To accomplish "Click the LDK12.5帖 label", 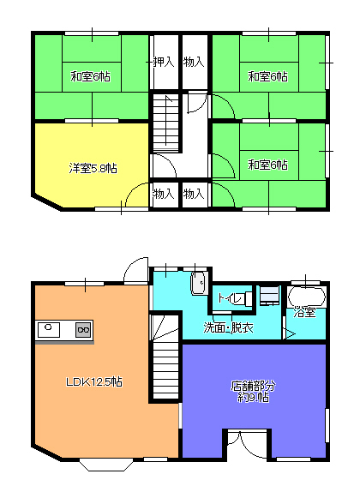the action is coord(93,382).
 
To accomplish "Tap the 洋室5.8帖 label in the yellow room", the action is coord(93,169).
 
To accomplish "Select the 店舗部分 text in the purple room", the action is coord(253,386).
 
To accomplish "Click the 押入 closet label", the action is coord(164,62).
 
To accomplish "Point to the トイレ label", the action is coord(230,298).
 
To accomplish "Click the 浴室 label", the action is coord(304,312).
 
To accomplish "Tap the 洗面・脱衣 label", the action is coord(228,328).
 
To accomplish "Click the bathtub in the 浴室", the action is coord(307,296).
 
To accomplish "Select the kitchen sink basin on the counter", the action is coord(49,330).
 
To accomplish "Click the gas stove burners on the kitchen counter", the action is coord(83,330).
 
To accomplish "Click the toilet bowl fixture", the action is coord(248,298).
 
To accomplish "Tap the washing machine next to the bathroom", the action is coord(270,295).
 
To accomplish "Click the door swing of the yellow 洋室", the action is coord(137,195).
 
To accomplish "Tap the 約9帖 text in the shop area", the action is coord(253,398).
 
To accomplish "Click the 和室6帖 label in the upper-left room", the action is coord(90,76).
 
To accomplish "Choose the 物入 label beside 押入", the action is coord(194,62).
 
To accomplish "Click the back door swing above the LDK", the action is coord(136,271).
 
